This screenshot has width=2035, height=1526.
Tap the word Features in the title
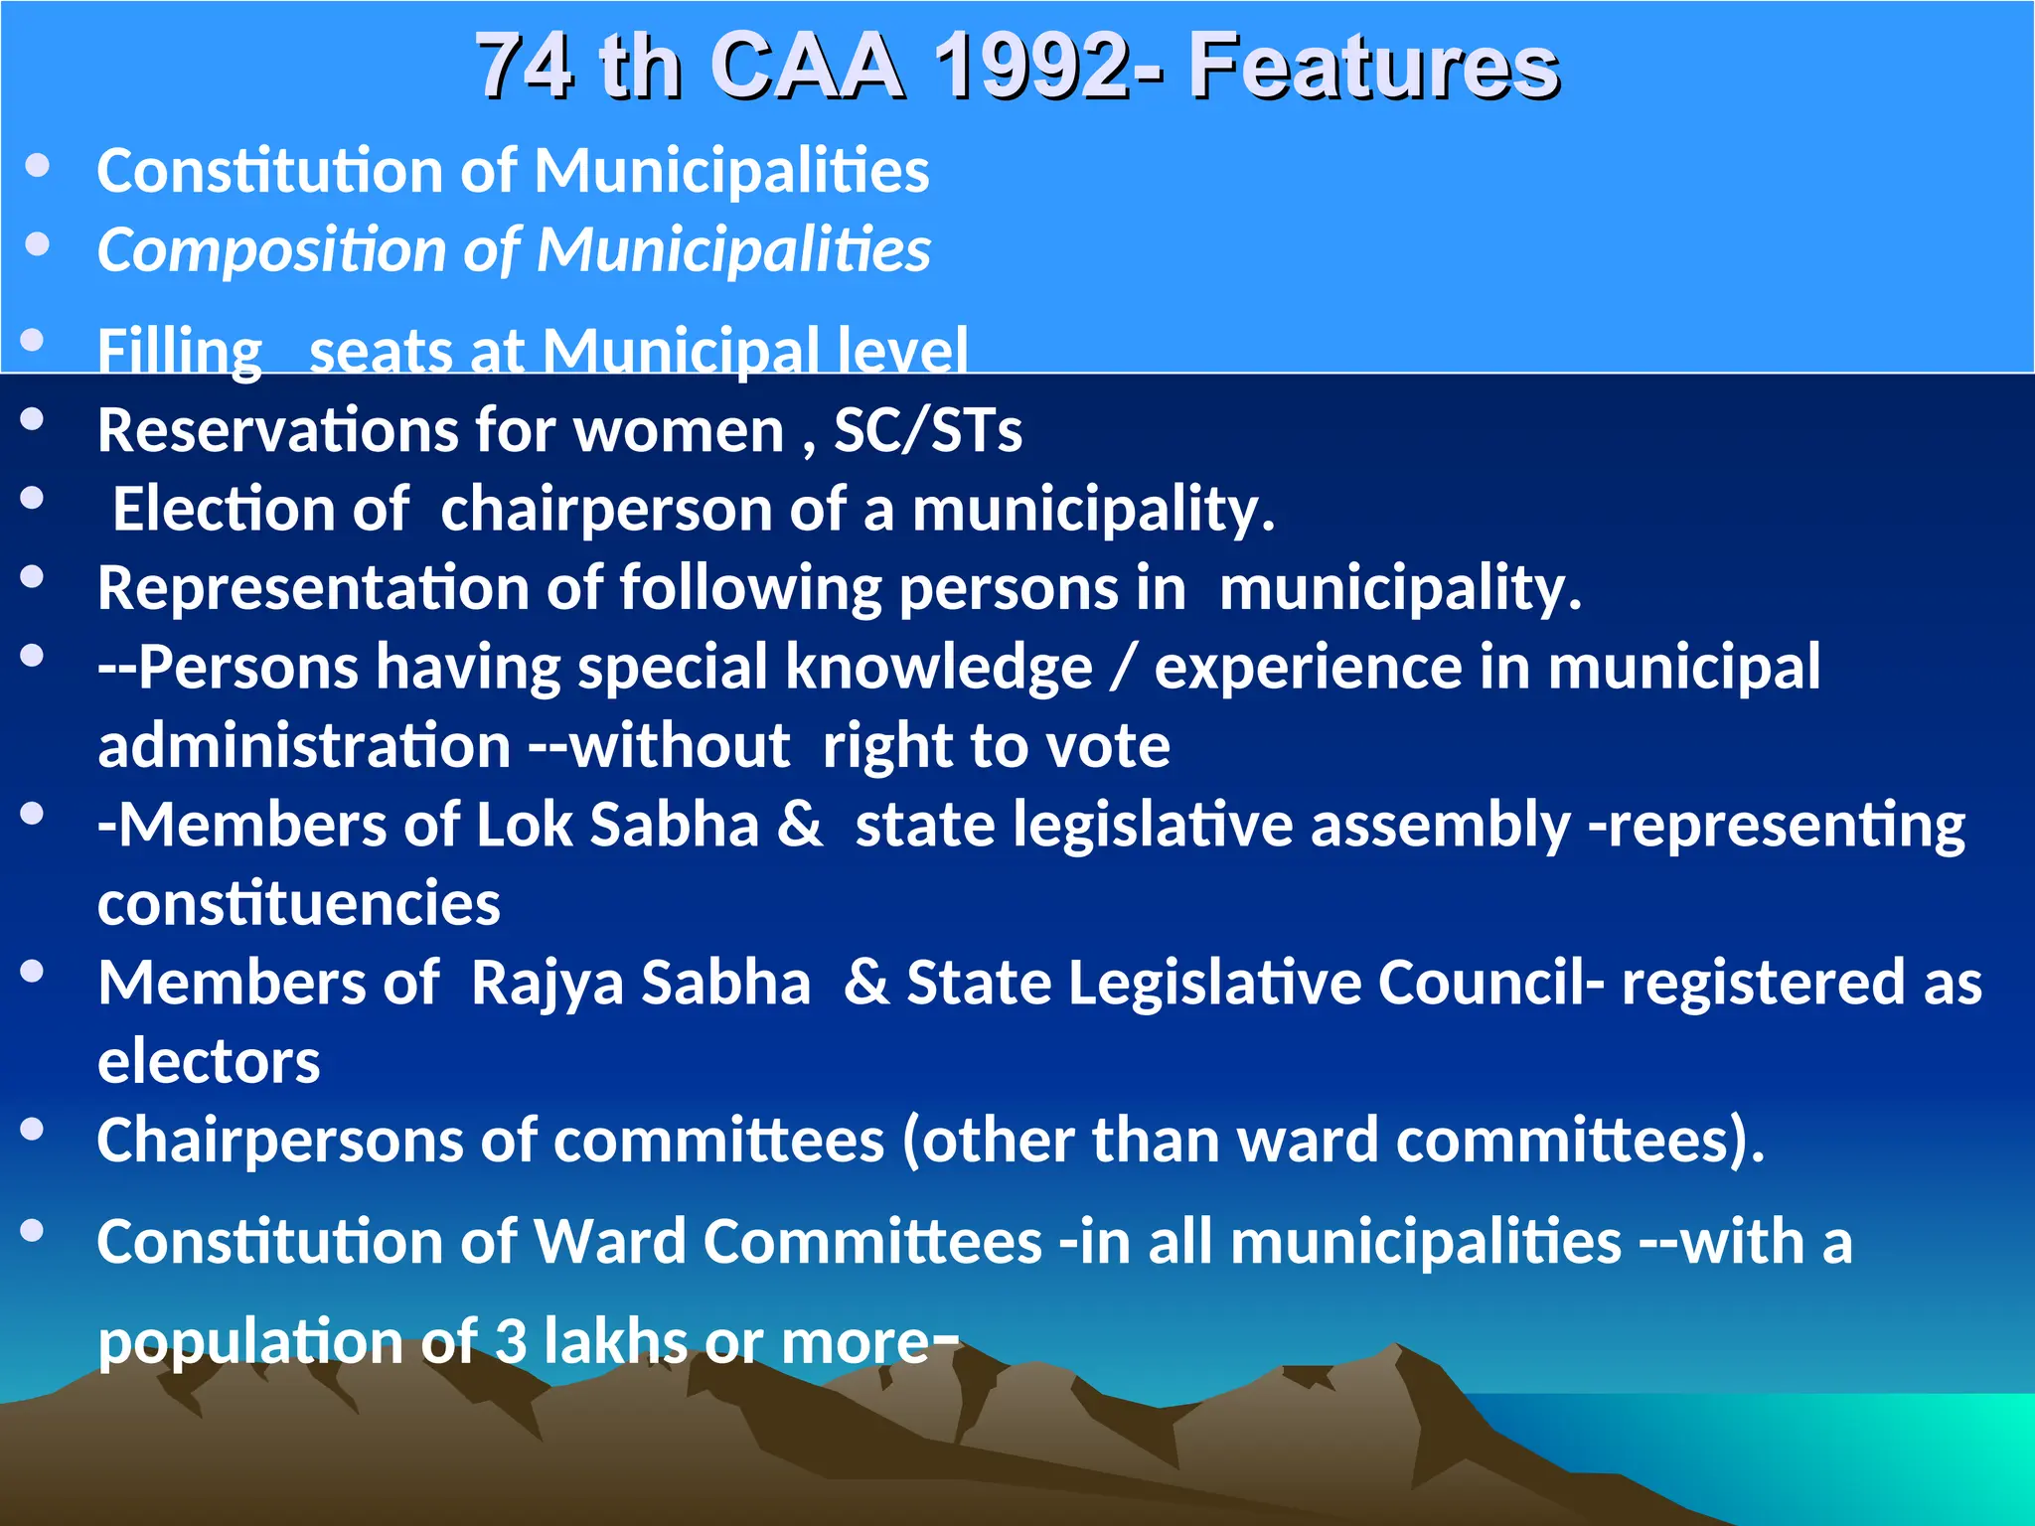(1374, 68)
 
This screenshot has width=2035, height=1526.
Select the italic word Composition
(269, 250)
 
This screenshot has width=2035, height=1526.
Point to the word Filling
(179, 352)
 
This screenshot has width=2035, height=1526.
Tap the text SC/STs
(927, 431)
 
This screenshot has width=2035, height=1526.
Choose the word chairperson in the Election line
(605, 510)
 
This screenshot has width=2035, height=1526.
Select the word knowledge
(938, 668)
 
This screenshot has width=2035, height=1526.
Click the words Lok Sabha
(617, 826)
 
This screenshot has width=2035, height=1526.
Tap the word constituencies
(298, 904)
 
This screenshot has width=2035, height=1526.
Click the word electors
(209, 1062)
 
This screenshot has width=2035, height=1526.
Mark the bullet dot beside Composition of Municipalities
(38, 244)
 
